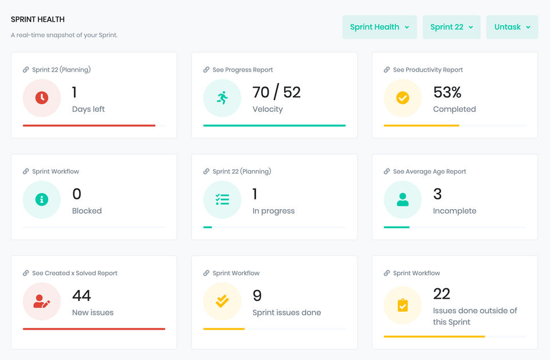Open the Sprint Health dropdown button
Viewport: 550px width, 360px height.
(379, 27)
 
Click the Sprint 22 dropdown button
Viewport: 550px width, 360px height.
(451, 27)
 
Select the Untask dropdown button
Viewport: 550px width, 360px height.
(512, 27)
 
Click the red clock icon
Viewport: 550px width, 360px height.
(42, 98)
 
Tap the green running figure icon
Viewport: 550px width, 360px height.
(222, 98)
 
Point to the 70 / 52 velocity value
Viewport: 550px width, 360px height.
(276, 92)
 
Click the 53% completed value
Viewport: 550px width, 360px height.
(447, 92)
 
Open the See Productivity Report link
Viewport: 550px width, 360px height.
(427, 70)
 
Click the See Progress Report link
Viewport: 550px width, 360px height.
(242, 70)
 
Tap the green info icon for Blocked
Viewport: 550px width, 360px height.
(42, 199)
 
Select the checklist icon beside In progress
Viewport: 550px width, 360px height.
(222, 199)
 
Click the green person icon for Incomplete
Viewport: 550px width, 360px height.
(403, 199)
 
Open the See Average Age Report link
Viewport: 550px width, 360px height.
(429, 171)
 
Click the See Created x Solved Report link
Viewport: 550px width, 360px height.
(74, 273)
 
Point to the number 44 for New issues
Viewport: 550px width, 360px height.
(81, 296)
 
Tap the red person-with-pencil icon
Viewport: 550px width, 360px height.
(42, 302)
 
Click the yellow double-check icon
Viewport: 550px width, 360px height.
(222, 302)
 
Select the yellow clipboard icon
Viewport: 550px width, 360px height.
(403, 306)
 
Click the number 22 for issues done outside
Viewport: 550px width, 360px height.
(442, 294)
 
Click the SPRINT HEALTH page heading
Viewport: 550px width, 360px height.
(38, 19)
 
